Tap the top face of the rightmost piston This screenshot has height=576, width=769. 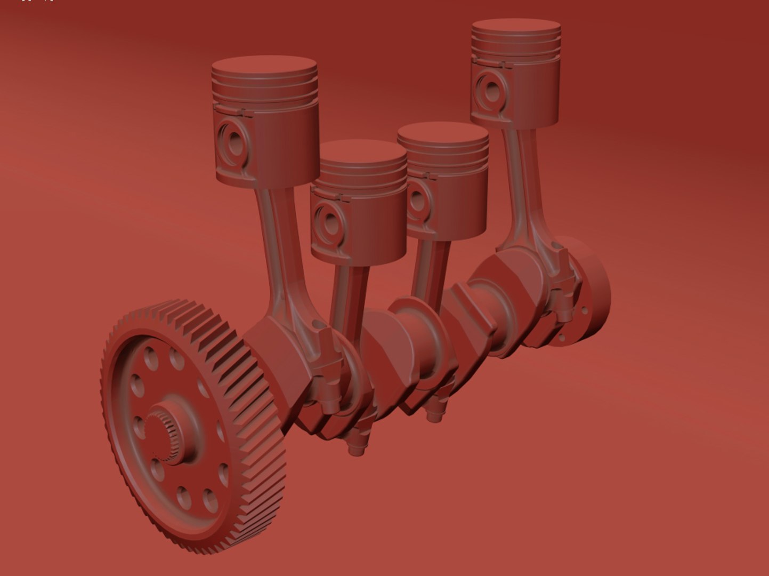coord(516,27)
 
